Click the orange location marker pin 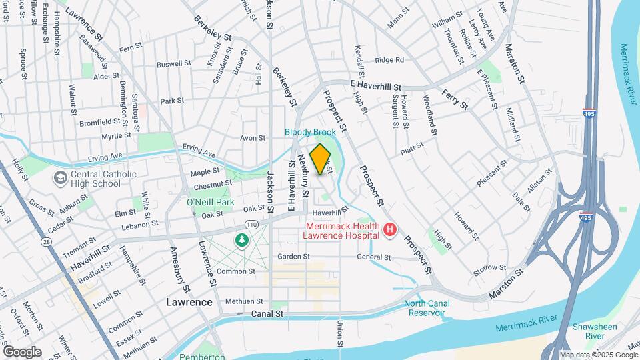pyautogui.click(x=321, y=159)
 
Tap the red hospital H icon pyautogui.click(x=390, y=231)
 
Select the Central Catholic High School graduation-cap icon pyautogui.click(x=61, y=177)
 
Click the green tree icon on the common pyautogui.click(x=240, y=239)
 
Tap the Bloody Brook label pyautogui.click(x=310, y=133)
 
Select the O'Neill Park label pyautogui.click(x=210, y=202)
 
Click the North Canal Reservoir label pyautogui.click(x=427, y=309)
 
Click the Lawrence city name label pyautogui.click(x=189, y=302)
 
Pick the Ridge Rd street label pyautogui.click(x=389, y=60)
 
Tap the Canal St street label pyautogui.click(x=268, y=313)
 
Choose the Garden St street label pyautogui.click(x=294, y=256)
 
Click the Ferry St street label pyautogui.click(x=455, y=101)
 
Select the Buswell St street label pyautogui.click(x=173, y=65)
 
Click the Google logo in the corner pyautogui.click(x=23, y=351)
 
